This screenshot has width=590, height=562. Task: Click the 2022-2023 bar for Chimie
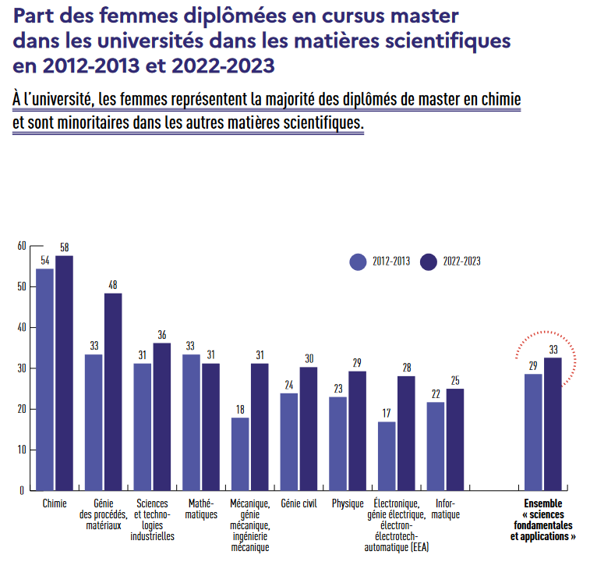pos(64,373)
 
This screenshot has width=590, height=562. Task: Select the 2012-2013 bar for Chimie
pos(45,379)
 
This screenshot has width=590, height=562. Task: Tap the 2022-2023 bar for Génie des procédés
pos(113,392)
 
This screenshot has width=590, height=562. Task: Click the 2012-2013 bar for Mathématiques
pos(191,422)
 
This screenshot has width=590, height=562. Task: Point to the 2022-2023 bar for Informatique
pos(455,439)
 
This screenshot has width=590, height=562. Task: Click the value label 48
pos(113,285)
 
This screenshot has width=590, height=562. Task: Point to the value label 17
pos(387,414)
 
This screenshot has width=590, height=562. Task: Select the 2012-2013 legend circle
pos(358,262)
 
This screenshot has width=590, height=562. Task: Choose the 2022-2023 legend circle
pos(428,262)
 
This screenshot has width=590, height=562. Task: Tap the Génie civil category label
pos(299,503)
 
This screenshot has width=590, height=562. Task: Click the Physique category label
pos(348,503)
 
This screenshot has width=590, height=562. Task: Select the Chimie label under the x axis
pos(55,503)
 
